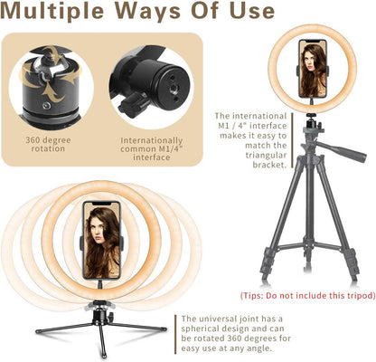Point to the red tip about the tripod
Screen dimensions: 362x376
[x=301, y=296]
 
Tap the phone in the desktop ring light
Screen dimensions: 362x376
[x=101, y=239]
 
